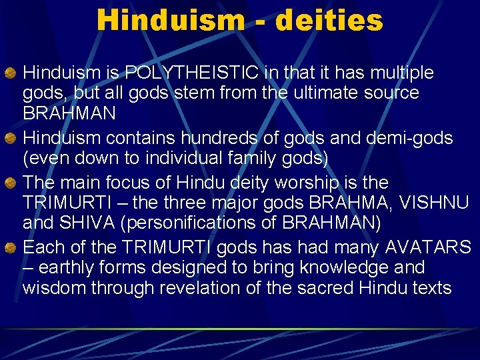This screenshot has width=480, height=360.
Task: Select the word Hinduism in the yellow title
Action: (x=171, y=20)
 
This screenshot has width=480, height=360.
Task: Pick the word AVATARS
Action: (x=427, y=247)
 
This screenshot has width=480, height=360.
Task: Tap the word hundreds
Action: (x=221, y=138)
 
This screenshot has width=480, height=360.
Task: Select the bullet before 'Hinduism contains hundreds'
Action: (x=11, y=139)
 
